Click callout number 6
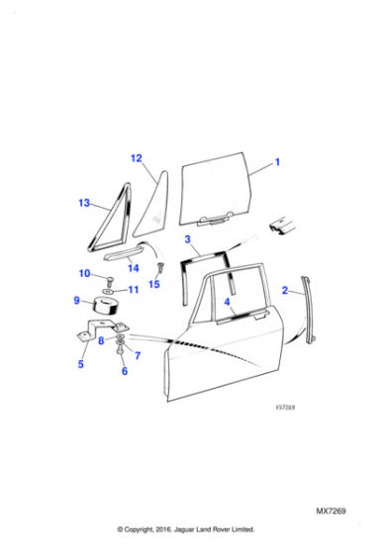point(125,371)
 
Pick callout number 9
point(76,301)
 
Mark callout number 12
point(137,158)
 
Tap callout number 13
point(84,204)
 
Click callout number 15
point(153,284)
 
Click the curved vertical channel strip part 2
point(311,308)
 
